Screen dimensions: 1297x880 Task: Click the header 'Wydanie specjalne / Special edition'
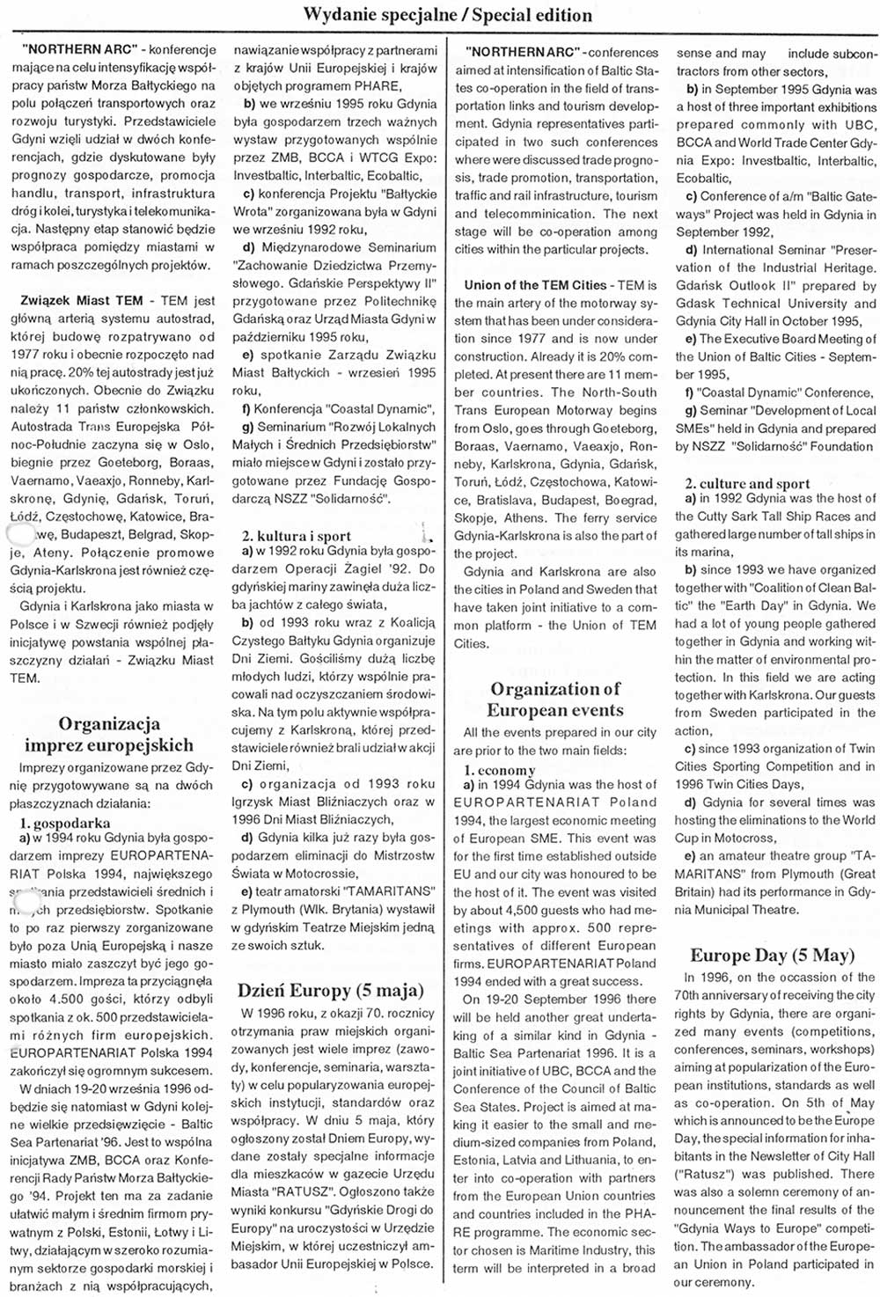pos(447,15)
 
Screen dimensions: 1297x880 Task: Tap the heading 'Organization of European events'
pos(554,700)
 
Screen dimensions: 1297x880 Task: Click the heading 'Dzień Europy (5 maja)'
pos(331,991)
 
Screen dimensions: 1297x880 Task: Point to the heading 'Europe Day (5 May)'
pos(772,956)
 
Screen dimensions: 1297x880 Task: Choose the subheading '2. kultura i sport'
pos(297,536)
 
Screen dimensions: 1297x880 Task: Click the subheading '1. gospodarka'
pos(65,824)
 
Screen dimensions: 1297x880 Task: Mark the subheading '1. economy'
pos(499,770)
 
